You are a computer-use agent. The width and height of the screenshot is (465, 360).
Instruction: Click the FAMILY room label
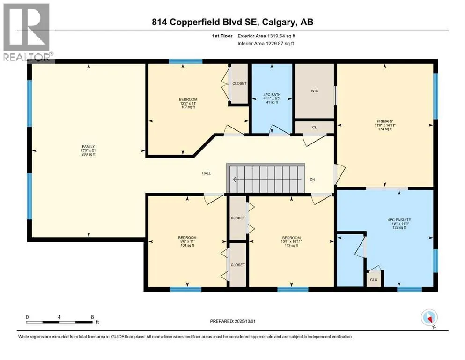click(89, 147)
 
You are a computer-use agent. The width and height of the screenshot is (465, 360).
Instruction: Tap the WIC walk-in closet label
click(314, 91)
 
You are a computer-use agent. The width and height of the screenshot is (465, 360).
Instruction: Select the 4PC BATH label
click(272, 95)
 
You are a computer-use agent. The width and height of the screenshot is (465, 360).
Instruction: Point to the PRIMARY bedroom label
click(385, 121)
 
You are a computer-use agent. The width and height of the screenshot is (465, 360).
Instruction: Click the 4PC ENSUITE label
click(399, 220)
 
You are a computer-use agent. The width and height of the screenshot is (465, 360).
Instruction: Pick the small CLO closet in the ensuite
click(374, 280)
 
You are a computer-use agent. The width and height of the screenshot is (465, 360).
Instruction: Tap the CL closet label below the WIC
click(314, 127)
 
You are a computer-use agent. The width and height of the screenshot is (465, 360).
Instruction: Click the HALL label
click(207, 173)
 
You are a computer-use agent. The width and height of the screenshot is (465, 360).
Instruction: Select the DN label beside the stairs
click(312, 180)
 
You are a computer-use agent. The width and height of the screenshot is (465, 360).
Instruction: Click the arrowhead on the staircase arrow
click(235, 180)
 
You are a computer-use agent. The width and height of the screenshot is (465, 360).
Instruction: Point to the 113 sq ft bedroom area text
click(291, 246)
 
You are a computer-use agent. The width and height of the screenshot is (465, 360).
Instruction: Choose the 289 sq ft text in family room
click(89, 154)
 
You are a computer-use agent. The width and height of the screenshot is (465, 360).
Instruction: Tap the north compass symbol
click(429, 318)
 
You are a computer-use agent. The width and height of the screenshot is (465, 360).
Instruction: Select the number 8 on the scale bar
click(93, 317)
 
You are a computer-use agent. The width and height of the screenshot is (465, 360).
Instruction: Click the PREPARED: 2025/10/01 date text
click(232, 321)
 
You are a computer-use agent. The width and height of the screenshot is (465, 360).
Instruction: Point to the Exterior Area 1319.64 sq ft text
click(266, 36)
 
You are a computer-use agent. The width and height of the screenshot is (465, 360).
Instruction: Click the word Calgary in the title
click(276, 22)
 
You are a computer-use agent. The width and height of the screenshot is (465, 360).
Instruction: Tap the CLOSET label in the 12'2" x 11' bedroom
click(239, 84)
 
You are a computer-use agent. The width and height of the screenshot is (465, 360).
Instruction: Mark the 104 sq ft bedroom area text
click(187, 246)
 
